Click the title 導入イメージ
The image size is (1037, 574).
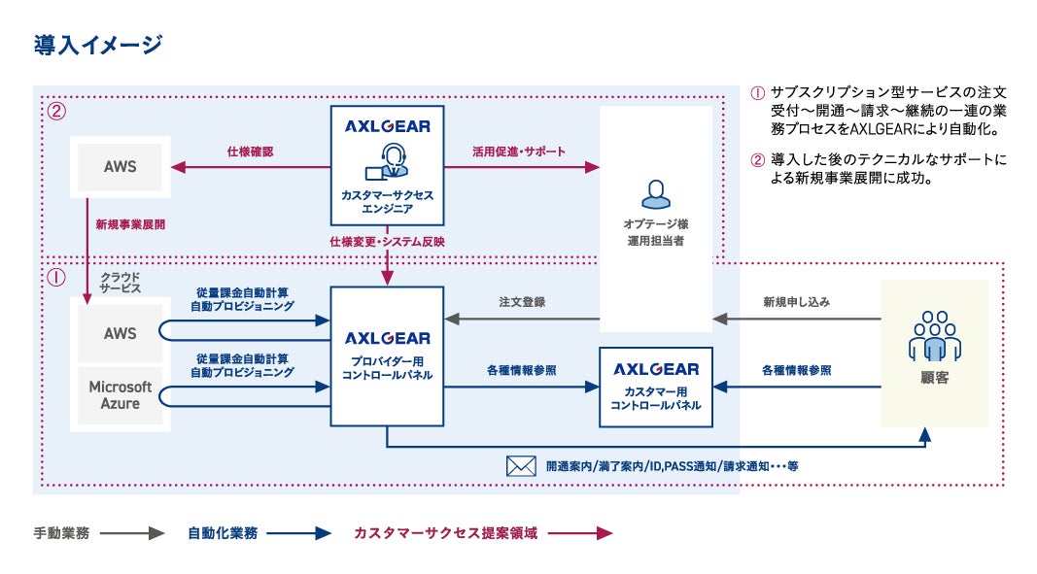pos(98,45)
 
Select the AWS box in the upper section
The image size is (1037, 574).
pos(120,167)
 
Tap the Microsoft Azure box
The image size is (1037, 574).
pos(120,394)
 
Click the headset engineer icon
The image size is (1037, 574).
pos(387,162)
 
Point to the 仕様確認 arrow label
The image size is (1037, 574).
pos(250,152)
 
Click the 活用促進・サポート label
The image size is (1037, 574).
pos(519,152)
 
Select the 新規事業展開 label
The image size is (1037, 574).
pos(130,224)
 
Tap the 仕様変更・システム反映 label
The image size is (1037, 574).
pos(387,242)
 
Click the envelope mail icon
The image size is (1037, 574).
pos(521,466)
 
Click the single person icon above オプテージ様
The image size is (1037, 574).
pos(656,194)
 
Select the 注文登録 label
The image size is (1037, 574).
pos(522,302)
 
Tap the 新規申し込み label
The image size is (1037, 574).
pos(796,302)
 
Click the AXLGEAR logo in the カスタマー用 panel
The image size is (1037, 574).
pos(656,369)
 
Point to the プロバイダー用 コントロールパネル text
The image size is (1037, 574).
pos(387,368)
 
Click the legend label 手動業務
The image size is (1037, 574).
pos(61,533)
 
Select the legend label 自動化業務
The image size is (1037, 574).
pos(223,533)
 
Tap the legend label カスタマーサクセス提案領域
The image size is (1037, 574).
pos(446,533)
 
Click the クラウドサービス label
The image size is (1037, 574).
pos(121,283)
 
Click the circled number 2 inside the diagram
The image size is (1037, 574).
pos(57,111)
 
